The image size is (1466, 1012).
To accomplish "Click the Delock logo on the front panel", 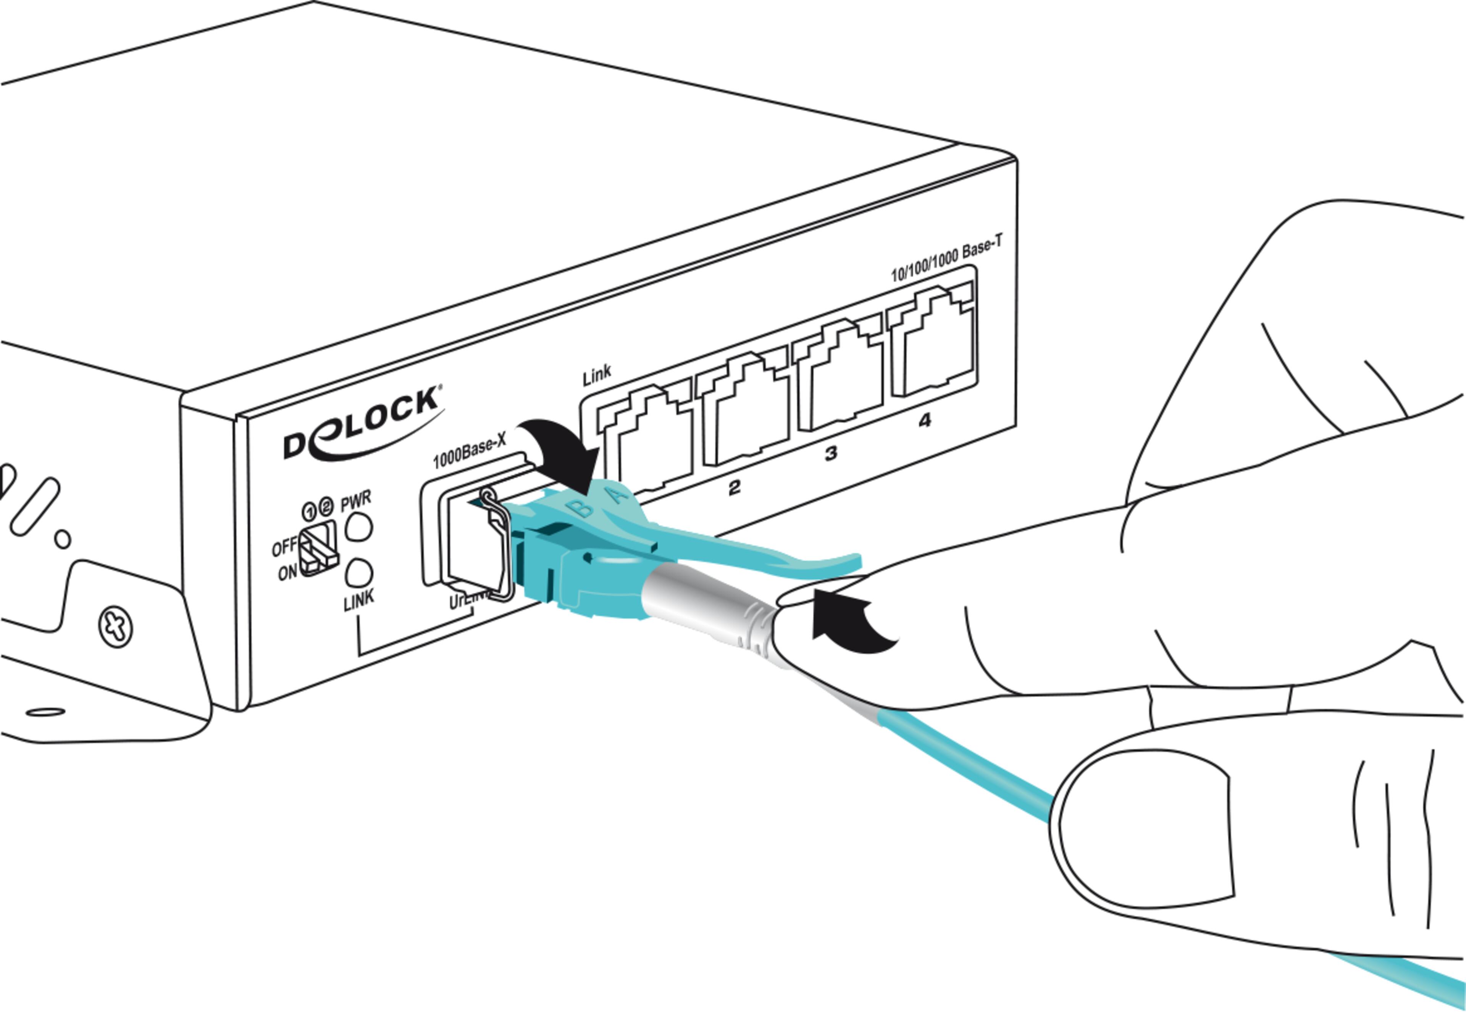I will (x=362, y=424).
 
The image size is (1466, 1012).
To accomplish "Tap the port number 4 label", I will (x=925, y=420).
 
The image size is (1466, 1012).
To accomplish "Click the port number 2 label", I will (x=734, y=487).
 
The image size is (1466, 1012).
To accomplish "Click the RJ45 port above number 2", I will (x=743, y=412).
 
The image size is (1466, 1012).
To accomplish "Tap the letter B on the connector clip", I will (x=581, y=507).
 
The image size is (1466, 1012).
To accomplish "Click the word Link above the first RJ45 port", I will (x=597, y=375).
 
